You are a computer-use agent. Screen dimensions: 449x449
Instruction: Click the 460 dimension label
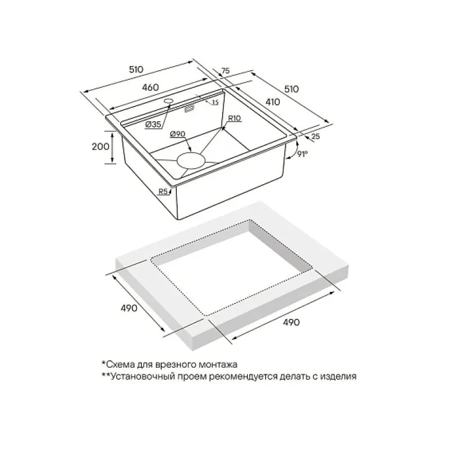(x=150, y=88)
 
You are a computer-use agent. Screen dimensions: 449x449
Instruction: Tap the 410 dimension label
(x=272, y=102)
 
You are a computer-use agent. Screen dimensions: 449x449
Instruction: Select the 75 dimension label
(x=226, y=71)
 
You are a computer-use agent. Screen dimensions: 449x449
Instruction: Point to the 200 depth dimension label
(x=100, y=146)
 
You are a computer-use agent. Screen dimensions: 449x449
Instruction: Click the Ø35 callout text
(x=153, y=125)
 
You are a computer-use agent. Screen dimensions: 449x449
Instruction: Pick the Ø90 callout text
(x=177, y=134)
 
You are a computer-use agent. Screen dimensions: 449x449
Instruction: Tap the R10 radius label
(x=235, y=118)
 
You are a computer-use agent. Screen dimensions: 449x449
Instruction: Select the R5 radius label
(x=163, y=191)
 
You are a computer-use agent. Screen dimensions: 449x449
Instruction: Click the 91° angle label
(x=302, y=154)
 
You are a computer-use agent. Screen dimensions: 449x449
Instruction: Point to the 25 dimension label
(x=315, y=136)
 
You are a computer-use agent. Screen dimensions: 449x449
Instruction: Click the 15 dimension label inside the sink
(x=216, y=102)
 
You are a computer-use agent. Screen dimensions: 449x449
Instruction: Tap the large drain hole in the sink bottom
(x=191, y=161)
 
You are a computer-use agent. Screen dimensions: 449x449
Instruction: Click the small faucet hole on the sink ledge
(x=169, y=101)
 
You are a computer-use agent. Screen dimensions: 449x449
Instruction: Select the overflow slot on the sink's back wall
(x=189, y=109)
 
